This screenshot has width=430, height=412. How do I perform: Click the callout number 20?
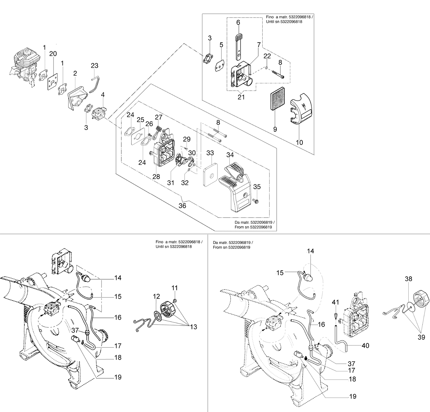53,54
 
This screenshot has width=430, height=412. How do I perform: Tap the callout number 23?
95,65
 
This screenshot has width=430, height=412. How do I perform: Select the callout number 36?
182,206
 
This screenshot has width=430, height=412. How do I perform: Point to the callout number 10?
299,142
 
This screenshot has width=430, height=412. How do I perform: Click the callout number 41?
335,302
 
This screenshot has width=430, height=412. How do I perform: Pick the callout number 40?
366,345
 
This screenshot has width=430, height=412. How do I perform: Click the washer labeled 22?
267,67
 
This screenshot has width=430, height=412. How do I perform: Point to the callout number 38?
408,279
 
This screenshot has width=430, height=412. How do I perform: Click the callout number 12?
157,296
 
